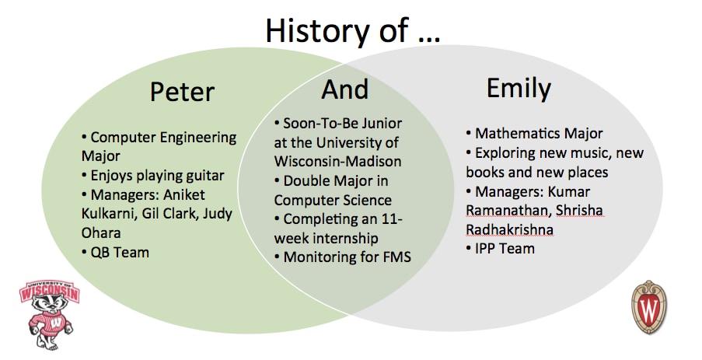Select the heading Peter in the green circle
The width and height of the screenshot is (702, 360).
[x=182, y=92]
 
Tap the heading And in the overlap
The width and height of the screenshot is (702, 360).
[x=344, y=89]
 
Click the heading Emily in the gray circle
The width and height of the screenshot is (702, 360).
[x=519, y=88]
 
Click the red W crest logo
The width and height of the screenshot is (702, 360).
[x=648, y=306]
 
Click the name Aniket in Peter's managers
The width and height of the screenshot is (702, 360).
[x=183, y=195]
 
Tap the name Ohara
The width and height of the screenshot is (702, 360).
[x=101, y=232]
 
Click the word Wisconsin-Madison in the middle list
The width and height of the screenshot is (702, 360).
[x=337, y=161]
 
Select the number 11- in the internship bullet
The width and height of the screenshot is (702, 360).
[x=392, y=219]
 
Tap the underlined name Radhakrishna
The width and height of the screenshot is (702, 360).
[x=509, y=229]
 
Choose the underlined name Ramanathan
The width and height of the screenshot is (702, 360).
[x=506, y=210]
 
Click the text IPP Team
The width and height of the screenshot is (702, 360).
[x=505, y=248]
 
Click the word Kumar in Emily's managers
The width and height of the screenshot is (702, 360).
[x=569, y=191]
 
